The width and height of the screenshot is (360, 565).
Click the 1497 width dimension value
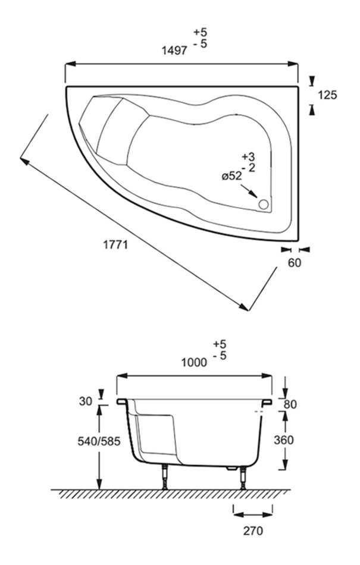(x=174, y=51)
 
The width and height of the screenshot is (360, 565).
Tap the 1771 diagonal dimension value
(x=115, y=245)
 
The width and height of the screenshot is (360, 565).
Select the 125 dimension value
(x=327, y=95)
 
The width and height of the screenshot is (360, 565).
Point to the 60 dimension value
(x=295, y=263)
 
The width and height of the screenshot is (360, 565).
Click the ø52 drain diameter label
(x=231, y=176)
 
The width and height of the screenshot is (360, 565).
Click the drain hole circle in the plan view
(x=264, y=205)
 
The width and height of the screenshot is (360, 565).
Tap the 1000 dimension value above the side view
(x=194, y=362)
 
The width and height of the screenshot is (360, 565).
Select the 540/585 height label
(x=99, y=441)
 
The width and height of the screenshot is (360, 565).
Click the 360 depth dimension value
(x=284, y=440)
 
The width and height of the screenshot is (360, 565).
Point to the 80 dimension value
(x=290, y=404)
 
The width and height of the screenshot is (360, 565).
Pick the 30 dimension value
(x=86, y=401)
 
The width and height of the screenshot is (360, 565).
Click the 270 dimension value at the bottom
(x=253, y=531)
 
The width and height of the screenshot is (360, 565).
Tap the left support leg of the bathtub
(x=165, y=478)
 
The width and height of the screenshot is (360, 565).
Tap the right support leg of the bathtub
(x=243, y=478)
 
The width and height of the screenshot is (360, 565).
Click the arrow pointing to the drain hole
(x=249, y=191)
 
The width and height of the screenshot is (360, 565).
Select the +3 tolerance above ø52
(x=248, y=157)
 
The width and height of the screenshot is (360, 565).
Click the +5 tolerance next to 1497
(x=201, y=32)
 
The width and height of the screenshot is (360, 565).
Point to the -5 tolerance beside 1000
(x=220, y=356)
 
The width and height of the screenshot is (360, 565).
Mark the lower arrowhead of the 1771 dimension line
(x=243, y=307)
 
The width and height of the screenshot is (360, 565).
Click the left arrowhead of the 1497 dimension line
(x=70, y=64)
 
